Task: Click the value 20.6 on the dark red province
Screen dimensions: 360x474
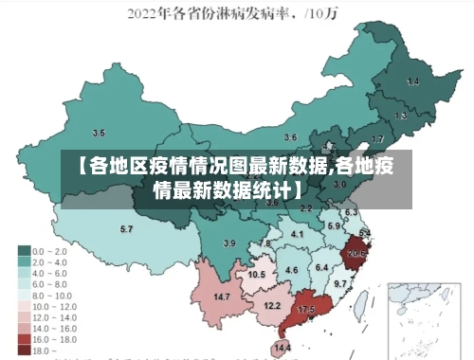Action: click(356, 253)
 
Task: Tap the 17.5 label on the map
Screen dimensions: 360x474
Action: click(306, 310)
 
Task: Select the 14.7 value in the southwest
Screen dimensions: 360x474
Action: click(222, 297)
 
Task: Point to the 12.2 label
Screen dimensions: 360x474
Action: click(272, 306)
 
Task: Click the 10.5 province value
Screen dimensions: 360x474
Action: click(257, 274)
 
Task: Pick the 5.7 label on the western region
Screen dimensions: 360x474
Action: click(126, 228)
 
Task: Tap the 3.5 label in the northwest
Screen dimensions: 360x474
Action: click(99, 133)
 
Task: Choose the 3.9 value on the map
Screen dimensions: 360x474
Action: click(228, 243)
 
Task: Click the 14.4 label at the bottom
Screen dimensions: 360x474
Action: click(283, 348)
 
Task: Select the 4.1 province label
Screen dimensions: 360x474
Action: click(297, 233)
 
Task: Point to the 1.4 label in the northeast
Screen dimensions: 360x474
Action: click(412, 81)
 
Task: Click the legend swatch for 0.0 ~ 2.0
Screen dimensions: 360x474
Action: click(25, 251)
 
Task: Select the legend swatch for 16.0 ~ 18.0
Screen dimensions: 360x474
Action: click(25, 338)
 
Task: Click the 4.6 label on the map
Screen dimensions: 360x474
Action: click(292, 270)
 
